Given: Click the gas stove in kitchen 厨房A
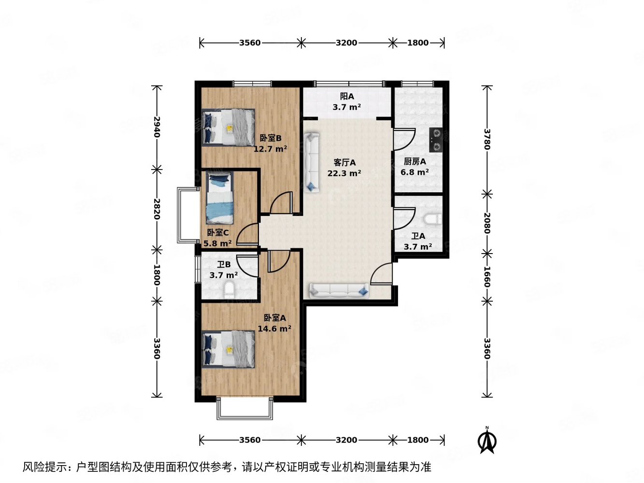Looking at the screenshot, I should coord(435,140).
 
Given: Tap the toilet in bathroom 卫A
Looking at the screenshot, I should coord(432,219).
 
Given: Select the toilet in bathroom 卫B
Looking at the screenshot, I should coord(229,289).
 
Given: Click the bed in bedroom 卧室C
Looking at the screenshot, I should coord(220,198).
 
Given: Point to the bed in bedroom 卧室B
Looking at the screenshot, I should coord(229,127).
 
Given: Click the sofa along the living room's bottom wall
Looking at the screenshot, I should coord(339,290).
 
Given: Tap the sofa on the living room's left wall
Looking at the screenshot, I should coord(312,163).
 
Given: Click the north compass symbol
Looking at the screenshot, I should coord(487,440).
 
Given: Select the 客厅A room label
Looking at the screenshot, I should coord(344,163).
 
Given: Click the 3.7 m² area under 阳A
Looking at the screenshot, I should coord(346,107).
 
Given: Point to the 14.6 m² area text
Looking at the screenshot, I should coord(274,329).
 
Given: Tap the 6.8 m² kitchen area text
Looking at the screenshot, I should coord(415,172).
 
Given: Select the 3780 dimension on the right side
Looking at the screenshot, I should coord(487,139).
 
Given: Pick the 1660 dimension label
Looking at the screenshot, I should coord(487,277).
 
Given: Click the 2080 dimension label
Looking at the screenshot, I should coord(487,223).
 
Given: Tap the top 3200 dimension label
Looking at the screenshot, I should coord(346,43).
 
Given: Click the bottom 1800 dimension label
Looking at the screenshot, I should coord(417,440).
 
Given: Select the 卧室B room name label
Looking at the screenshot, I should coord(270,138).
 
